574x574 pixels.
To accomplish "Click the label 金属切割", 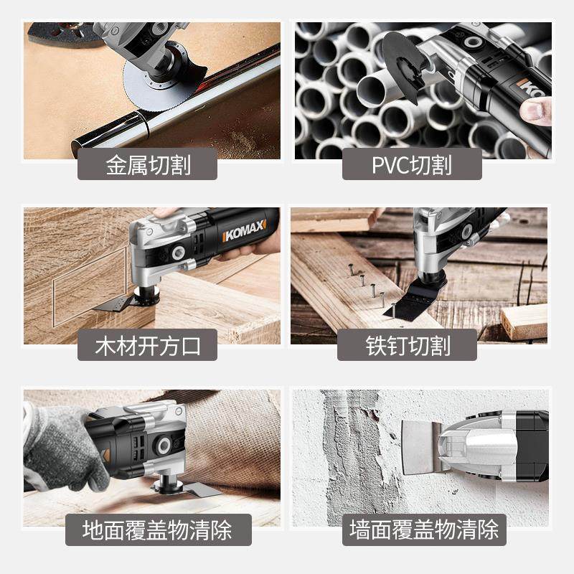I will pos(148,166).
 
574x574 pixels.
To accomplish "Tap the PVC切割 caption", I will pos(411,166).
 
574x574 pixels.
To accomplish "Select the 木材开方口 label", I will pos(148,346).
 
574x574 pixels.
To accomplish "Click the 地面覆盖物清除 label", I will pos(156,530).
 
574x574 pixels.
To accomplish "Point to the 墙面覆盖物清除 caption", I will pos(423,530).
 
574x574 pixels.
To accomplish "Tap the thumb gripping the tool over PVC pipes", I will pos(537,110).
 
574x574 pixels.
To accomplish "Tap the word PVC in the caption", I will pos(389,166).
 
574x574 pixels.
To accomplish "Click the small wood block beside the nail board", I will pos(524,319).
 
